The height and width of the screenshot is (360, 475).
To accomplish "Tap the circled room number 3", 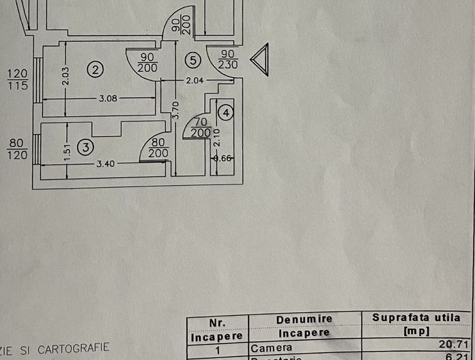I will pos(85,146).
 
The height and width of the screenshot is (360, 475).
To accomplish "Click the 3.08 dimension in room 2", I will pos(108,98).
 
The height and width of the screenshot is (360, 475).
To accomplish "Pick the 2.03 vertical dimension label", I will pos(65,74).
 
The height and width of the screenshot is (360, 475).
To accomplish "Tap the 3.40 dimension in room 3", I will pos(106,164).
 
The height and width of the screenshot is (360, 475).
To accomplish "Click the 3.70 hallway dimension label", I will pos(175,110).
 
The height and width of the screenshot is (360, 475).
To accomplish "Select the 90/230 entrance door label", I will pos(228,59).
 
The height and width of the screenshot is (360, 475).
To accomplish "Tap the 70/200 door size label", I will pos(201,127).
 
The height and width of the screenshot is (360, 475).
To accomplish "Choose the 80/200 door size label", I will pos(158,148).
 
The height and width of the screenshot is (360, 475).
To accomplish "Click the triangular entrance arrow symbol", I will pos(260,59).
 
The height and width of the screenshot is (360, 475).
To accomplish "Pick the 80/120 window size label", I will pos(17,149).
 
